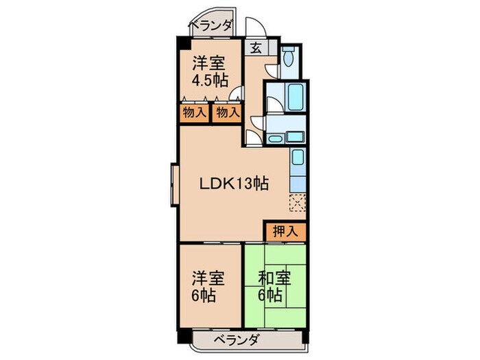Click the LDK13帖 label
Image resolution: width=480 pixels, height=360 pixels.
[x=233, y=184]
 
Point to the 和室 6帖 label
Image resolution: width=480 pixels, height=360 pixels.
[x=273, y=287]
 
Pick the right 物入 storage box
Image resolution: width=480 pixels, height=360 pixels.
[x=227, y=112]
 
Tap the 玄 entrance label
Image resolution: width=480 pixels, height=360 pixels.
[x=255, y=48]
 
